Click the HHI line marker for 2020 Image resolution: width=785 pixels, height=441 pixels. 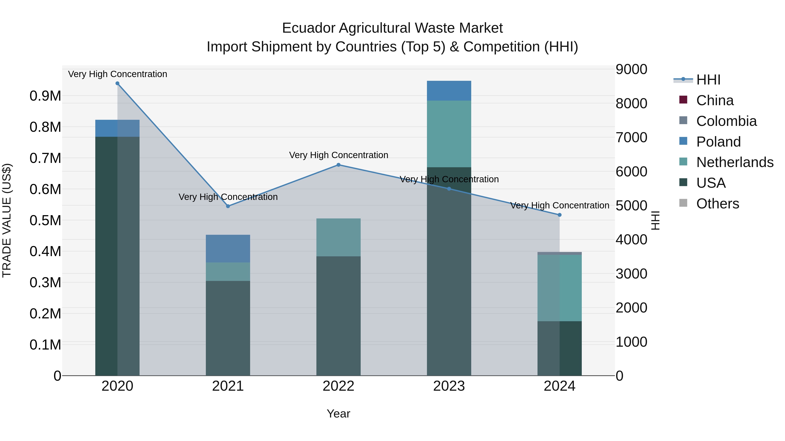click(x=117, y=83)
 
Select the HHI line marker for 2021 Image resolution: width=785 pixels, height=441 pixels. click(x=228, y=206)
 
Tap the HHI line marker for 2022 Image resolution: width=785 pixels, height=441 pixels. click(x=338, y=165)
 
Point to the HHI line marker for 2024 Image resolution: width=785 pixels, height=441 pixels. click(x=560, y=215)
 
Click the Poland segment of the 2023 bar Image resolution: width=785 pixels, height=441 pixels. click(x=449, y=91)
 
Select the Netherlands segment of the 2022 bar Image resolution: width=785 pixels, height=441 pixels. click(x=338, y=237)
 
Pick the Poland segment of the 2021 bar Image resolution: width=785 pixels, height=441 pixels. click(x=228, y=248)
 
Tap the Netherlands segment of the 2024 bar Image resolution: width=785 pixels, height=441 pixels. click(x=560, y=288)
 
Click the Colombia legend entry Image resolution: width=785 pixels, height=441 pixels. click(x=726, y=121)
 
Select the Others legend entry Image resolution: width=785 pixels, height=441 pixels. click(x=717, y=204)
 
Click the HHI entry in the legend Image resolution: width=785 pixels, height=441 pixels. click(x=708, y=80)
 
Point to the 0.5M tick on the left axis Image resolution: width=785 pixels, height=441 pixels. click(x=45, y=220)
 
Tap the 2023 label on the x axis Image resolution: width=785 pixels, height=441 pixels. click(x=449, y=386)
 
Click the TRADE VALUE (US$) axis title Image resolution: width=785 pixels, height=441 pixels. click(x=7, y=220)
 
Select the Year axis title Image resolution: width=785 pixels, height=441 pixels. click(x=338, y=414)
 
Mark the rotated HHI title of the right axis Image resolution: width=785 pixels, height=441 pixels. click(x=655, y=220)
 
